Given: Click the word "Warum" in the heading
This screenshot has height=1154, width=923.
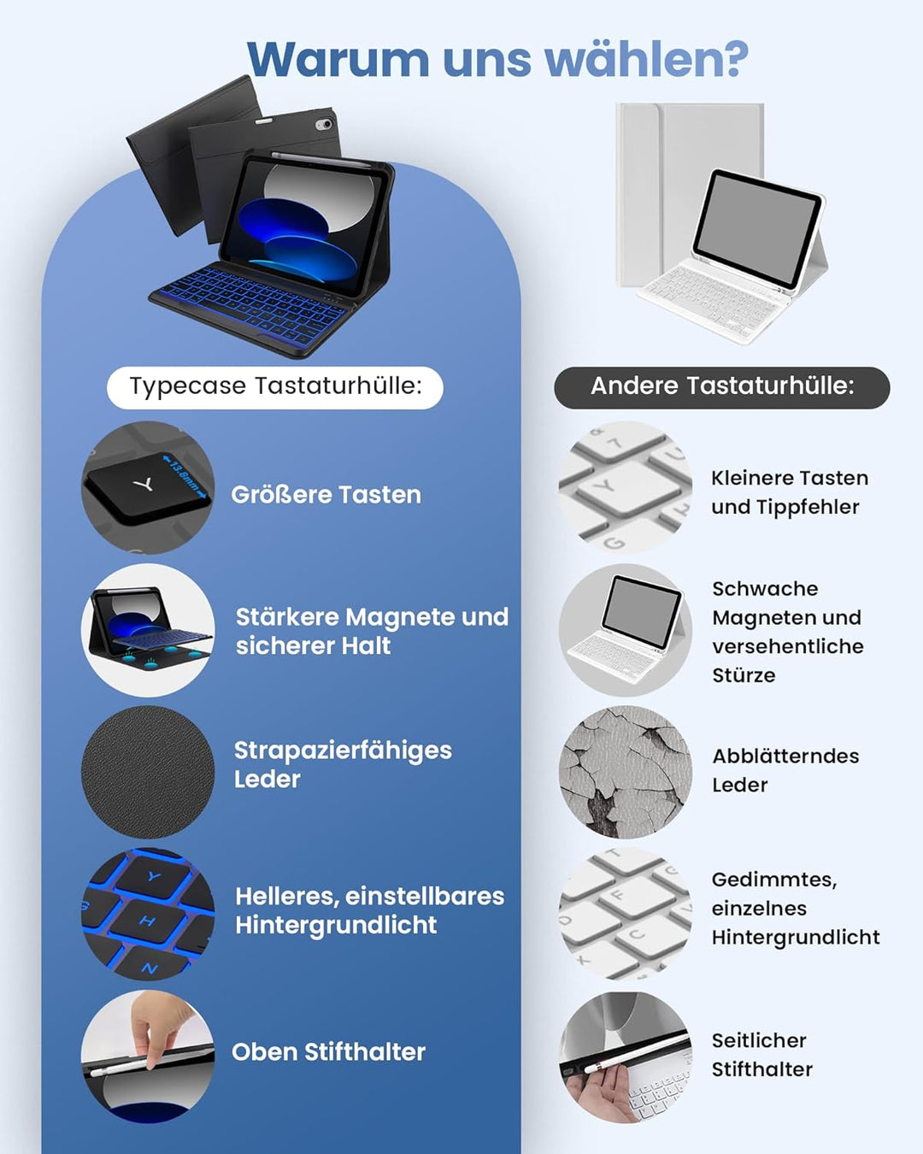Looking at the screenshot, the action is pos(338,58).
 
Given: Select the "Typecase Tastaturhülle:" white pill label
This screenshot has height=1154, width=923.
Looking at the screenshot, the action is pos(275,387).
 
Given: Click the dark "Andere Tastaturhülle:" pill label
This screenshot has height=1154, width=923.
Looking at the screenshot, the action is pos(722,387).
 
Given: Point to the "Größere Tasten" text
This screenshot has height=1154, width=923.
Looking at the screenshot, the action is pos(326,494).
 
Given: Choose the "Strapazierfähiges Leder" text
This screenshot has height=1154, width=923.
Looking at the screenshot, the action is pos(343,764).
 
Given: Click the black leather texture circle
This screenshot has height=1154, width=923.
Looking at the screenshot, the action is pos(148,772).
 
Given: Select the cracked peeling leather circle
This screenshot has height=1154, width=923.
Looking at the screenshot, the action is pos(626,772).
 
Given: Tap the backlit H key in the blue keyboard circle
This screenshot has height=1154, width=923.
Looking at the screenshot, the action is pos(149,921).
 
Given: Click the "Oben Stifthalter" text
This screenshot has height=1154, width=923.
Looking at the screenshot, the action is pos(329,1051).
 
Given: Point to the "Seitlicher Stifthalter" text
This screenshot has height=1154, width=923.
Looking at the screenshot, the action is pos(762,1054).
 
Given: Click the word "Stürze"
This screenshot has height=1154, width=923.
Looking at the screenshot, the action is pos(744,674).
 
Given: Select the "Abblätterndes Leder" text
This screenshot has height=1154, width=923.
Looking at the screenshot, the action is pos(785,770).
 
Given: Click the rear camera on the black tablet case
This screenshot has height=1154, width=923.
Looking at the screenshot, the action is pos(323,125).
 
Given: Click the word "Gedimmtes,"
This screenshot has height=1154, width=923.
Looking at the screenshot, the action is pos(774,880).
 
